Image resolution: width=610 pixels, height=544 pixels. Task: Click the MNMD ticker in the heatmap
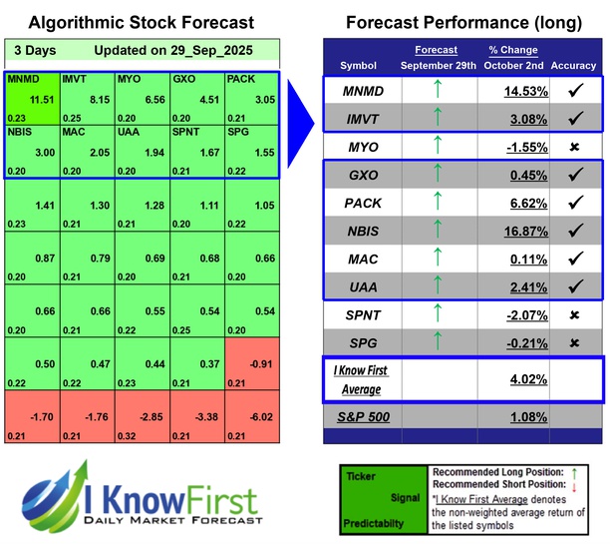click(25, 77)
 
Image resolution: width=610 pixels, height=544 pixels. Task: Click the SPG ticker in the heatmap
click(239, 132)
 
